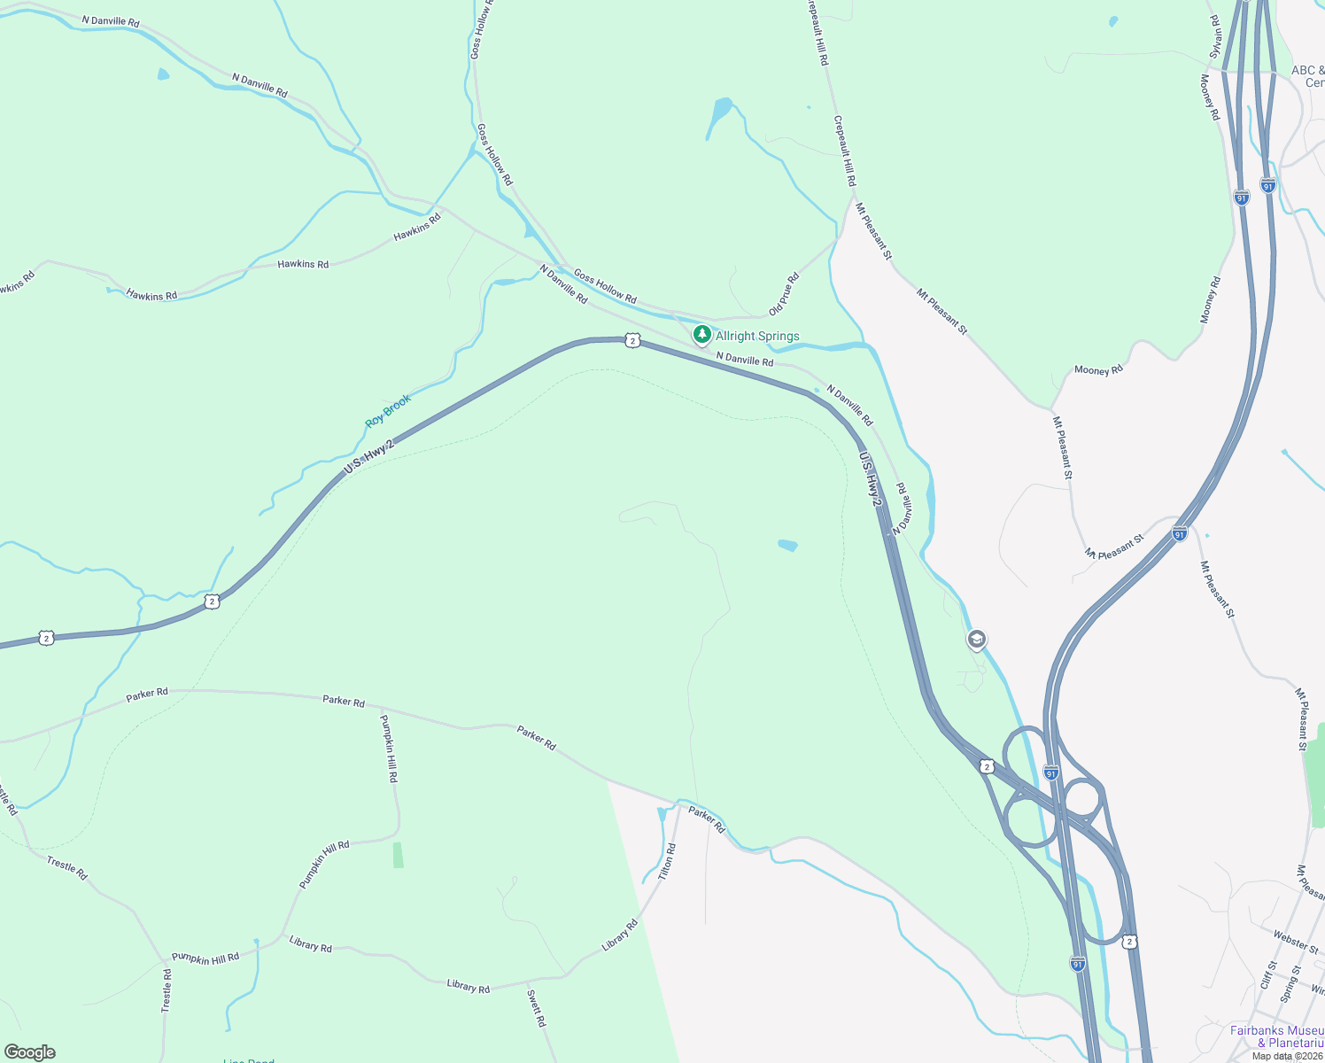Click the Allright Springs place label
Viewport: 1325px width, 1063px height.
click(757, 337)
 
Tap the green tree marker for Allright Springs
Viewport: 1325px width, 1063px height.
click(702, 335)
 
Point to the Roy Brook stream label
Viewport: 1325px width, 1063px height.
click(388, 411)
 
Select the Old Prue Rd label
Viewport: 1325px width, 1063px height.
click(784, 294)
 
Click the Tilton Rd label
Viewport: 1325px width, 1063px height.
click(667, 861)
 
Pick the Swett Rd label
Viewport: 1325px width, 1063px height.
click(537, 1008)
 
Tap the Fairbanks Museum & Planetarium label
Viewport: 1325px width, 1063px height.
click(1276, 1036)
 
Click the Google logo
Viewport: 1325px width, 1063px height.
click(30, 1052)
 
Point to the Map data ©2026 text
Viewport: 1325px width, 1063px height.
click(1287, 1056)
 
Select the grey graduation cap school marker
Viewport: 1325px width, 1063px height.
click(976, 640)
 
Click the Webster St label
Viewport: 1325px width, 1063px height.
click(1296, 941)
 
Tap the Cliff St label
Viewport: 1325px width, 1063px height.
click(1268, 975)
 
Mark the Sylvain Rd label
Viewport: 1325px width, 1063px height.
click(1215, 36)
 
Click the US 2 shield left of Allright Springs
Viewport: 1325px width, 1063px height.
click(632, 340)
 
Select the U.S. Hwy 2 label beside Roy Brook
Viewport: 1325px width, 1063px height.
click(368, 455)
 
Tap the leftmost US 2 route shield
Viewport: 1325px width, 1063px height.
click(46, 638)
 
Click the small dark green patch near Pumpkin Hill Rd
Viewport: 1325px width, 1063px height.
click(399, 855)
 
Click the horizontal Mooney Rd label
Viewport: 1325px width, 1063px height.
click(1098, 370)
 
